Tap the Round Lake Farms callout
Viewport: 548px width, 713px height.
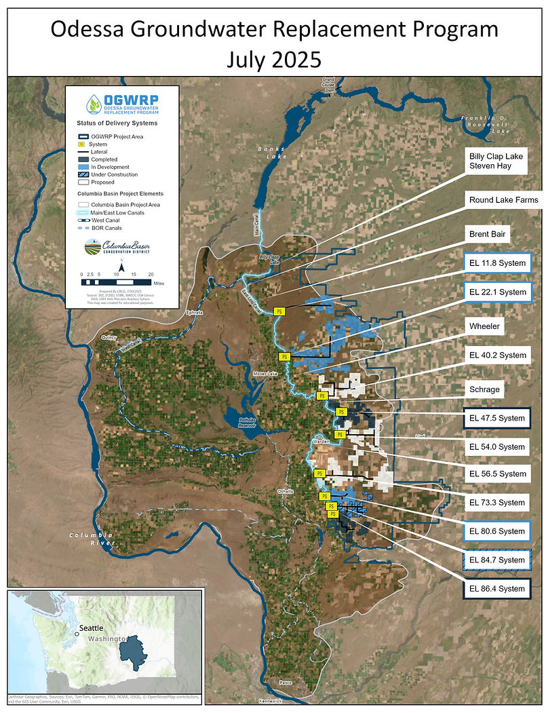coord(503,199)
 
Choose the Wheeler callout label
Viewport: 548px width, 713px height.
coord(485,326)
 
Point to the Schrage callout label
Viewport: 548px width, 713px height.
coord(485,390)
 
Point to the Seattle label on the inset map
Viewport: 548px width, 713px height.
coord(91,628)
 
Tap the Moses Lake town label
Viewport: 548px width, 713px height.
coord(262,374)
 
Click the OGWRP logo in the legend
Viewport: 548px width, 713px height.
coord(122,105)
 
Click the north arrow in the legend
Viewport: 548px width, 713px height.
coord(122,267)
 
